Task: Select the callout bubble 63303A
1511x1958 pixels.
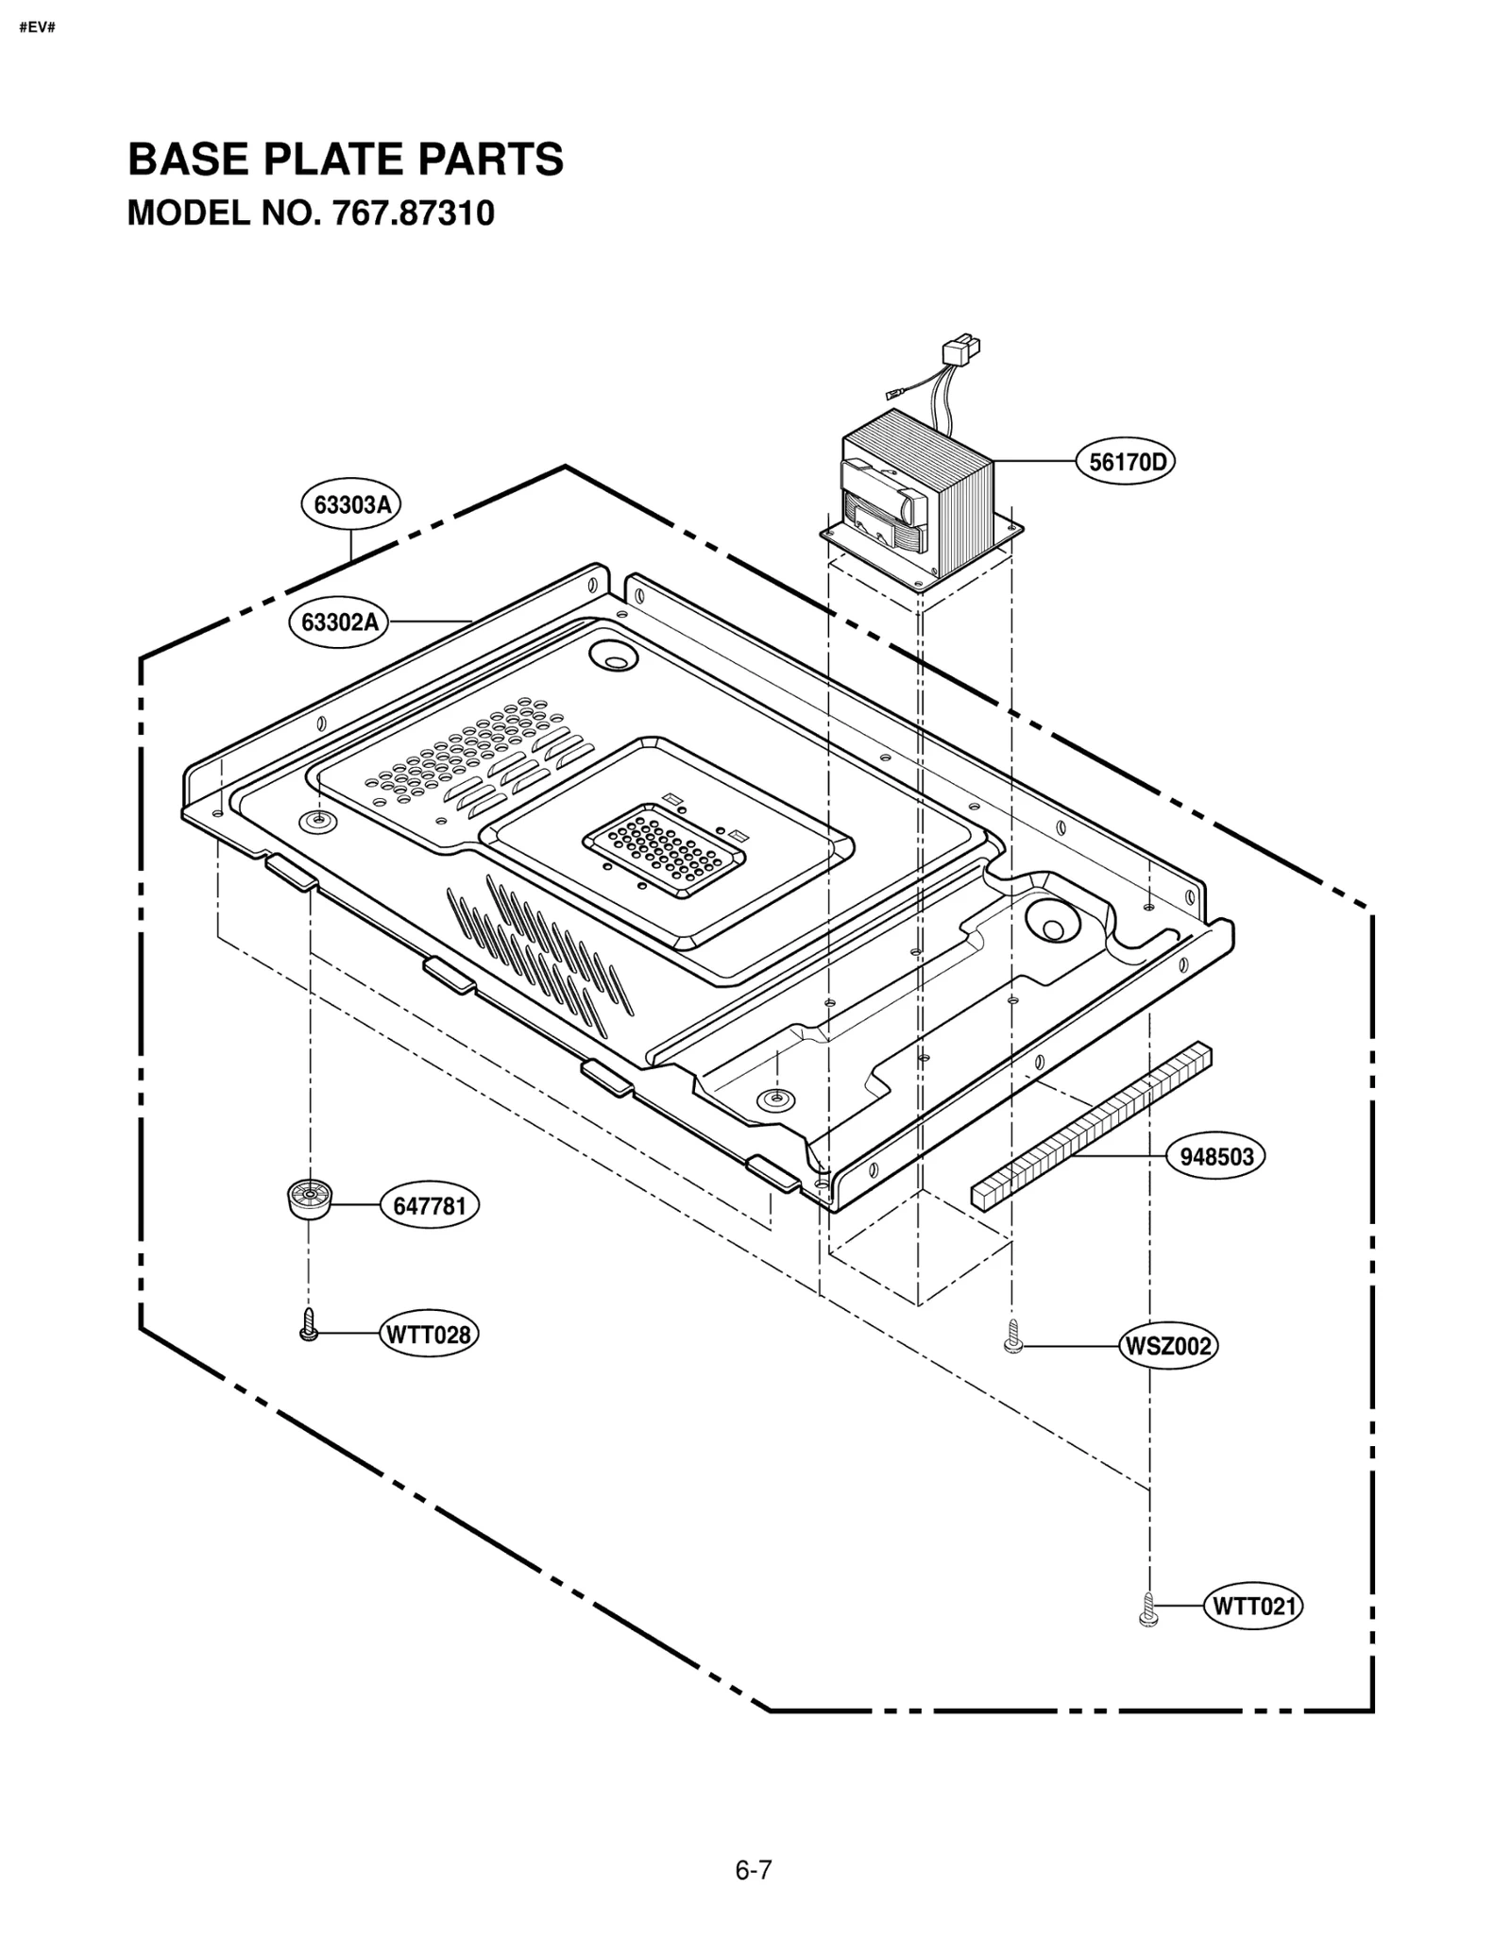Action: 351,505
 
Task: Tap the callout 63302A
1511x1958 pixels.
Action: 339,622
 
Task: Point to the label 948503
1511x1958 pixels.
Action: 1216,1157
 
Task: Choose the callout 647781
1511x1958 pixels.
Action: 430,1206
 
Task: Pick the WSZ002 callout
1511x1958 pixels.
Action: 1168,1346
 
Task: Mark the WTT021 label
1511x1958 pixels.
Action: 1252,1606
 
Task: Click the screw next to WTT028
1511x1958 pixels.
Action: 308,1325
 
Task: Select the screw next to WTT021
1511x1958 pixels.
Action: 1148,1609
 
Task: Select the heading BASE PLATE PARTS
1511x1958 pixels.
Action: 346,159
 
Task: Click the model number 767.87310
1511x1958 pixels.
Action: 412,213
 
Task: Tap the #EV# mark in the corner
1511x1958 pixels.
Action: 38,26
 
